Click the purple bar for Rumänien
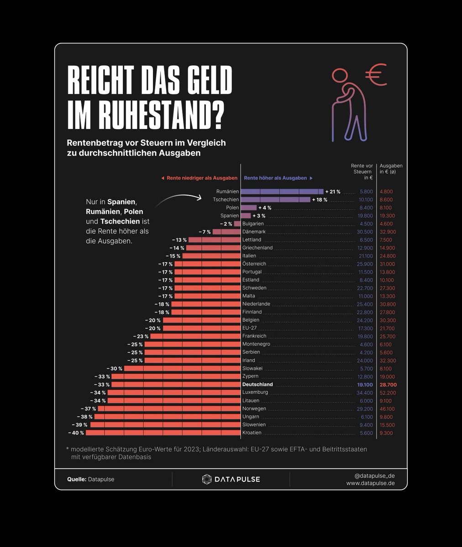282,192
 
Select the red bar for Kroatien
163,433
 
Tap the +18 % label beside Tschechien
320,200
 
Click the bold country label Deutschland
257,384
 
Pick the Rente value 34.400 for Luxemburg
364,392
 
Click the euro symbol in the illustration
376,76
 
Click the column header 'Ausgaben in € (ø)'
391,169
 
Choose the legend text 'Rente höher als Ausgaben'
275,178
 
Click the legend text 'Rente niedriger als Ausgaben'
202,178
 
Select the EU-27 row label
250,328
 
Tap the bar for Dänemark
226,232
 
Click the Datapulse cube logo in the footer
207,479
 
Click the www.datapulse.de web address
370,483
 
